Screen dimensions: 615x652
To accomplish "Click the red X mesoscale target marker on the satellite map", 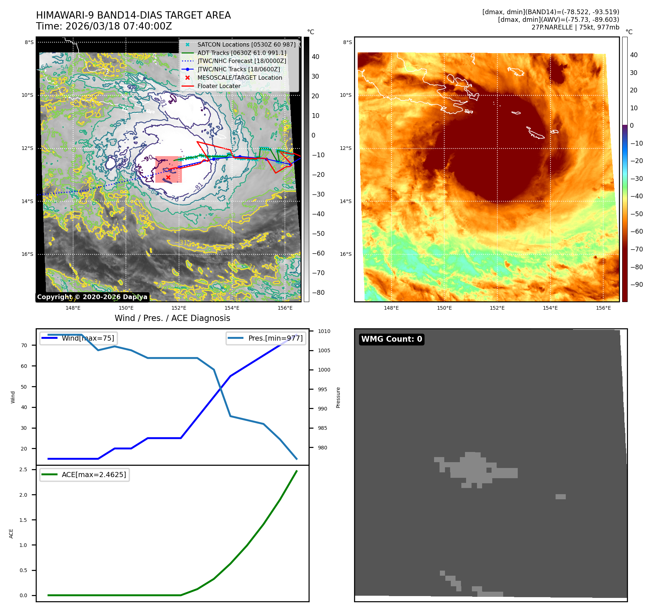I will tap(168, 178).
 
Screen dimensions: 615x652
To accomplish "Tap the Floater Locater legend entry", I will tap(219, 86).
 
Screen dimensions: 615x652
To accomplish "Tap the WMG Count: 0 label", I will tap(391, 339).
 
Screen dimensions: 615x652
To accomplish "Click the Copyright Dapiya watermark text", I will tap(92, 297).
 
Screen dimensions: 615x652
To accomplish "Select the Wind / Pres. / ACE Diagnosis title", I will tap(172, 318).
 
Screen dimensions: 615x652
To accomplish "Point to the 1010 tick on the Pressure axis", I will tap(324, 331).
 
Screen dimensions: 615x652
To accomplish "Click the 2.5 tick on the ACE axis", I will tap(23, 469).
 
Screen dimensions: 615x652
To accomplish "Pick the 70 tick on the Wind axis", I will tap(24, 345).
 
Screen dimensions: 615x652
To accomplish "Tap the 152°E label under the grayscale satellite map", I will tap(179, 308).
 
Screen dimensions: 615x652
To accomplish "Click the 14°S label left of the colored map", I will tap(346, 201).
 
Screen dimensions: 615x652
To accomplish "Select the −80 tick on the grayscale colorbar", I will tap(318, 293).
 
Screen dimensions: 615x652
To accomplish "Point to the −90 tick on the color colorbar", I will tap(636, 285).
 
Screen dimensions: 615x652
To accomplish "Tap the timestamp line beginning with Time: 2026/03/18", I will tap(104, 26).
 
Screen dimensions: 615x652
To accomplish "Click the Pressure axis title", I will tap(338, 397).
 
